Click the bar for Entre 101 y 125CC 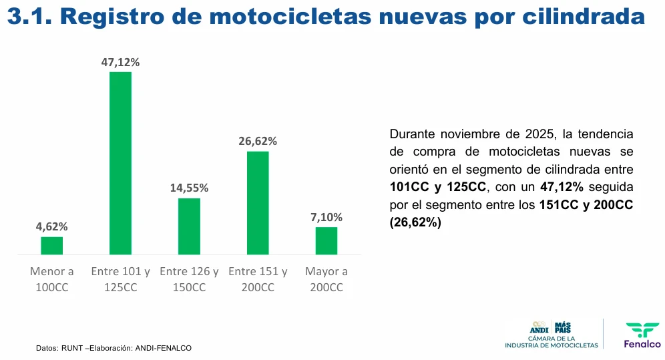click(x=120, y=163)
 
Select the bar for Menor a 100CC click(x=52, y=246)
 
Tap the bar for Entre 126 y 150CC click(x=189, y=226)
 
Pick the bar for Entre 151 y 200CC click(x=258, y=203)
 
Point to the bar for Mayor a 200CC click(x=326, y=240)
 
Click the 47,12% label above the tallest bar click(x=120, y=62)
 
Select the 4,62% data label click(x=52, y=227)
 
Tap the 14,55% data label click(x=189, y=188)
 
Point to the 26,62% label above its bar click(x=258, y=142)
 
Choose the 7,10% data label click(x=326, y=218)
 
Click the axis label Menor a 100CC click(x=52, y=280)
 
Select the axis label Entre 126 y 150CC click(x=189, y=280)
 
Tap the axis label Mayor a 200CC click(x=326, y=280)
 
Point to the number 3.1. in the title click(x=30, y=18)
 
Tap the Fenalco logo click(x=642, y=335)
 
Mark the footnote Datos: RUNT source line click(x=114, y=348)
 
